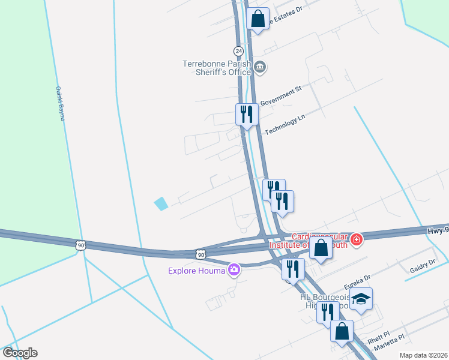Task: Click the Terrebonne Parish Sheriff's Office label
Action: point(217,68)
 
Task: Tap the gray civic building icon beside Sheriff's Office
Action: point(260,67)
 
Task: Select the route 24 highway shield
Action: point(238,50)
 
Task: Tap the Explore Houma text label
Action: point(197,271)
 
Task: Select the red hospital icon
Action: point(357,239)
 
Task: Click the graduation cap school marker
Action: point(361,299)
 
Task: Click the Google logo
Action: point(20,353)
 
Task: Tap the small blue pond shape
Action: point(161,204)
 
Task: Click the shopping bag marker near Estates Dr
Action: point(258,19)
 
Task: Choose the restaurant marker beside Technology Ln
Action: point(247,113)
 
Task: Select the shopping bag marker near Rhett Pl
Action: point(342,331)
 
